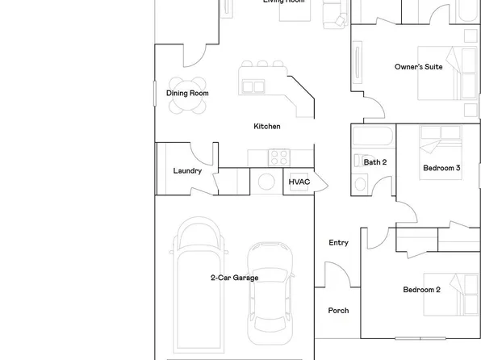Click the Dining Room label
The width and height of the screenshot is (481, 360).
[187, 94]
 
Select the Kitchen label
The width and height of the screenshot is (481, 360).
[267, 127]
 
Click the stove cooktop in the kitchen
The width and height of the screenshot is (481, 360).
[279, 156]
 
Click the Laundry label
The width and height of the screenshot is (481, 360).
[187, 171]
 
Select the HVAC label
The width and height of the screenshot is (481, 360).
[299, 182]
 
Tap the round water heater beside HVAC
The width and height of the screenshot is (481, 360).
[266, 182]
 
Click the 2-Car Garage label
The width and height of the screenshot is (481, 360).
[235, 278]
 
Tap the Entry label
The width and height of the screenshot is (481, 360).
[338, 243]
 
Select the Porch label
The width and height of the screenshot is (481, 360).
[338, 311]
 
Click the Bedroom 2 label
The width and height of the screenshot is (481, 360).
[421, 290]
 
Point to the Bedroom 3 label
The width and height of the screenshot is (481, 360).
[441, 168]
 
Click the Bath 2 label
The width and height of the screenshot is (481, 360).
[374, 162]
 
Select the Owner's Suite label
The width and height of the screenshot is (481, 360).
[418, 67]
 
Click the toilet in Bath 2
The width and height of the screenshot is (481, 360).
[359, 183]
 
